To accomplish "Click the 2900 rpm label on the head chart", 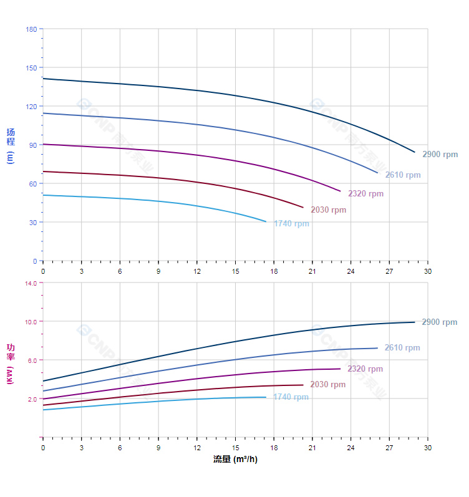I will point(440,155).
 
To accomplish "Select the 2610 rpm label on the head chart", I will point(403,175).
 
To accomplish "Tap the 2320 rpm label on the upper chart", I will point(366,194).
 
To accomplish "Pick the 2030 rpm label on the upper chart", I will point(328,210).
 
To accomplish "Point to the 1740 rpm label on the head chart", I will point(291,224).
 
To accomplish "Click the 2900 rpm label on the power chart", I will point(440,322).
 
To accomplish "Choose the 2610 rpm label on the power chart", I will point(402,348).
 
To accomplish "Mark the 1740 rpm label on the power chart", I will point(291,397).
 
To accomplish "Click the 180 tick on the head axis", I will point(31,29).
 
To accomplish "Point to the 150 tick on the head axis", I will point(31,68).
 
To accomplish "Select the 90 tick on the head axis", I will point(32,145).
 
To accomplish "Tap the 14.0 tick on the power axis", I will point(31,283).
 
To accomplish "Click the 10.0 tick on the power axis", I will point(31,322).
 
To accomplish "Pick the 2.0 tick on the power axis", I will point(32,399).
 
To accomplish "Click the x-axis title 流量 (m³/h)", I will point(235,460).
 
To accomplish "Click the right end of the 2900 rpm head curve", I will point(415,152).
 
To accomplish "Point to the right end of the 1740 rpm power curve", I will point(266,397).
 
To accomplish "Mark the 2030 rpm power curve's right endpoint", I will point(303,385).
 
